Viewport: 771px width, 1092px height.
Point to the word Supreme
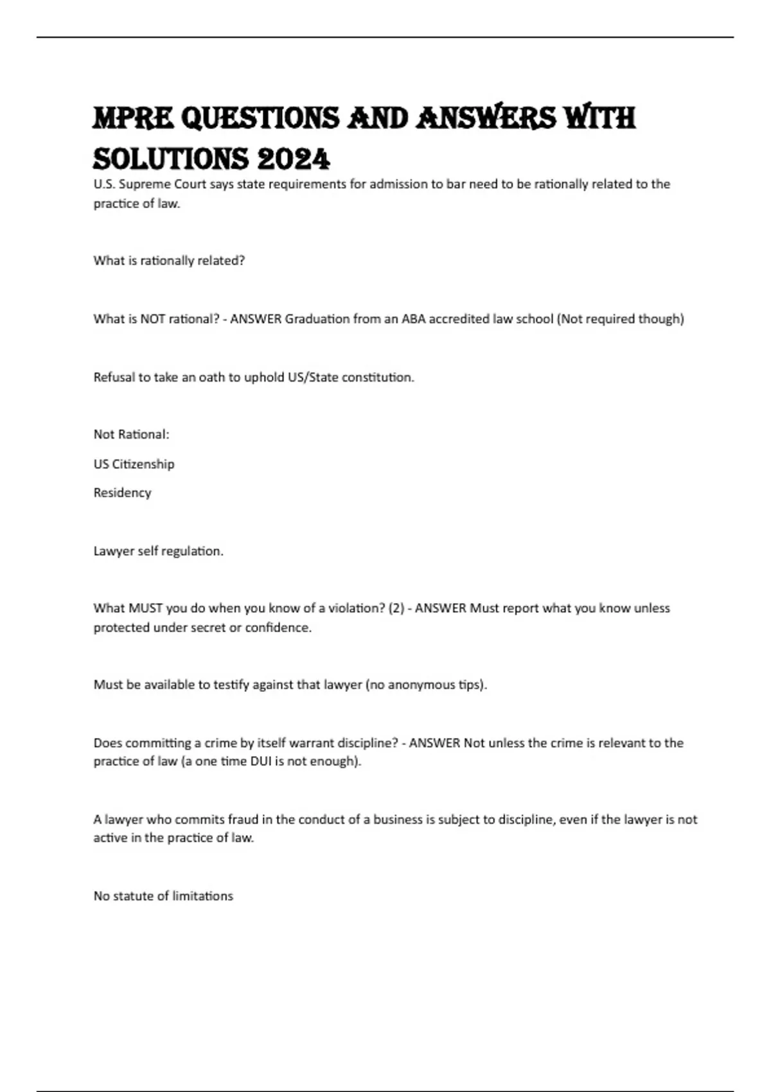(x=145, y=184)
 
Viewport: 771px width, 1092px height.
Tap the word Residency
(x=122, y=493)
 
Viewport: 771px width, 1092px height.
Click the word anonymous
(x=421, y=685)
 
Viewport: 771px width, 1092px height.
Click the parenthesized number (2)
(x=396, y=608)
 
